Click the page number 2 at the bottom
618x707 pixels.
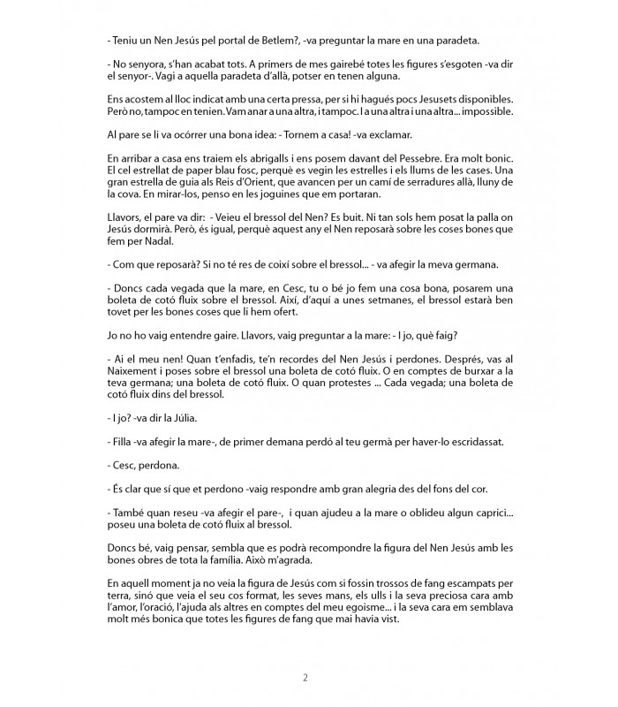(x=305, y=678)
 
